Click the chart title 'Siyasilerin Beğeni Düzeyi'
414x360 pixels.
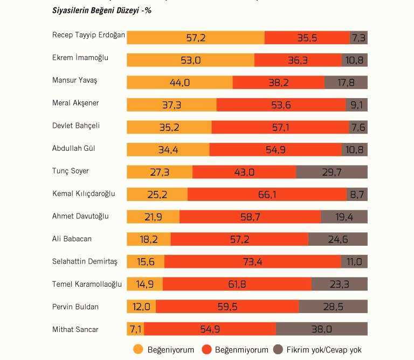pyautogui.click(x=101, y=10)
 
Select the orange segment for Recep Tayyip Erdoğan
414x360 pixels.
pyautogui.click(x=196, y=38)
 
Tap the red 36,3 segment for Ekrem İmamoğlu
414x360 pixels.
pyautogui.click(x=298, y=60)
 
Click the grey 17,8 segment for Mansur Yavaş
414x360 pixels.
pyautogui.click(x=346, y=82)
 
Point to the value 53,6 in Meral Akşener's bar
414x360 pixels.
pyautogui.click(x=281, y=105)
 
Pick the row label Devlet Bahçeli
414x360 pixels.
pyautogui.click(x=76, y=126)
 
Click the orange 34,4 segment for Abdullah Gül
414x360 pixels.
pyautogui.click(x=168, y=149)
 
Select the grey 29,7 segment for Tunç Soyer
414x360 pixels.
pyautogui.click(x=332, y=172)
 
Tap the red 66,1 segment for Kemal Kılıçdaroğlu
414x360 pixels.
pyautogui.click(x=267, y=195)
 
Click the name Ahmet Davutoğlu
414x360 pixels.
pyautogui.click(x=80, y=216)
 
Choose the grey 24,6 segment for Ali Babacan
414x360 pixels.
pyautogui.click(x=337, y=239)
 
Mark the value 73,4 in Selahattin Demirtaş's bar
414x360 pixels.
pyautogui.click(x=252, y=262)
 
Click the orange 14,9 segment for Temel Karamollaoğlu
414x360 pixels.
pyautogui.click(x=144, y=284)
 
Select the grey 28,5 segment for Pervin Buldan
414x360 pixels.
pyautogui.click(x=333, y=307)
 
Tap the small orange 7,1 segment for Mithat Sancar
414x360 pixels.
pyautogui.click(x=135, y=329)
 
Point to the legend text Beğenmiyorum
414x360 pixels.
pyautogui.click(x=241, y=350)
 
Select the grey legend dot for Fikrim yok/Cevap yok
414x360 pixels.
pyautogui.click(x=279, y=349)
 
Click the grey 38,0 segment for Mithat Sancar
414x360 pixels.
pyautogui.click(x=321, y=329)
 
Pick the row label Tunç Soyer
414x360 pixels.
pyautogui.click(x=71, y=171)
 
